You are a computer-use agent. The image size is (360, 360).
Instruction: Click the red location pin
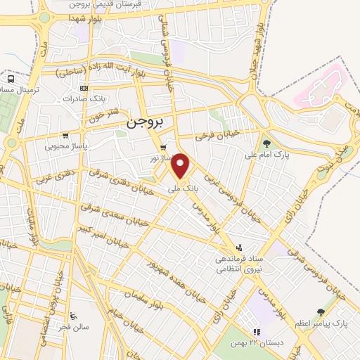tap(182, 166)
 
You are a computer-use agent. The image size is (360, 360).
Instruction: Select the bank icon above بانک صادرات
tap(84, 89)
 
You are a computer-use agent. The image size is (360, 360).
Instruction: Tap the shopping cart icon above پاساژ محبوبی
tap(65, 136)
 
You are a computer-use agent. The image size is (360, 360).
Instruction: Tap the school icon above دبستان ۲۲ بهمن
tap(257, 331)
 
